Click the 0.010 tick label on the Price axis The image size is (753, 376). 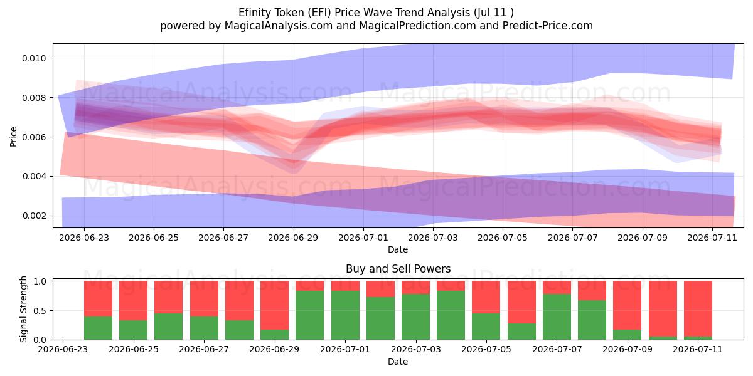point(34,58)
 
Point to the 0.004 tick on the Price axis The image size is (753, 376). point(34,177)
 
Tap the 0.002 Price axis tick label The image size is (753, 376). point(34,216)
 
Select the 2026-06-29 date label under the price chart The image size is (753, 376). point(293,238)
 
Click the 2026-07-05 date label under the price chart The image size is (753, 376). point(503,238)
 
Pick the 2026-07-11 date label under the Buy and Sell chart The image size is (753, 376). point(698,350)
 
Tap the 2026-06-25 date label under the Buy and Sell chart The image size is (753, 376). point(134,350)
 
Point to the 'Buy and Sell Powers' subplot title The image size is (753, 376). point(398,269)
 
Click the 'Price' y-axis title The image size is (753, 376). point(13,137)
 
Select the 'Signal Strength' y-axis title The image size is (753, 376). point(23,309)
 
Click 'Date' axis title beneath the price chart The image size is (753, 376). point(398,249)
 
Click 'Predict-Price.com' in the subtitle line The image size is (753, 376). point(548,26)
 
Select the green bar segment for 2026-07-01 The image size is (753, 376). point(345,315)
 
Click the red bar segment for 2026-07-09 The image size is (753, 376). point(627,305)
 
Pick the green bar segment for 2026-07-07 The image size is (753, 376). point(557,317)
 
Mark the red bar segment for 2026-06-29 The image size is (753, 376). point(274,305)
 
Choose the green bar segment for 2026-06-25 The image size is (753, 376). point(134,330)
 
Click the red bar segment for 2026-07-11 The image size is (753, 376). point(698,308)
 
